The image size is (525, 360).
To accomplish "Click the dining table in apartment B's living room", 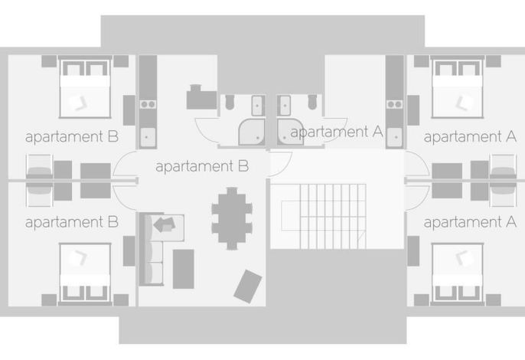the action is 232,218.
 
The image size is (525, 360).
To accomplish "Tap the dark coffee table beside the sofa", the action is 183,269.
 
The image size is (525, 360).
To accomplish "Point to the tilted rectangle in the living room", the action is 248,286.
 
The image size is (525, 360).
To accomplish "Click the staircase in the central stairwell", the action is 333,216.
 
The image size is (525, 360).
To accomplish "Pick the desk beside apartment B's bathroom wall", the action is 201,97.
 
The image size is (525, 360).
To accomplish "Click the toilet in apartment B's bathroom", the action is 230,102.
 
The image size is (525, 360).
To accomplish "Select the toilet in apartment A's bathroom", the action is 312,102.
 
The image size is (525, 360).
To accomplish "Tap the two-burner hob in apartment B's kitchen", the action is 148,105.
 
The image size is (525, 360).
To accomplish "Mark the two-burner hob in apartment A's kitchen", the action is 394,105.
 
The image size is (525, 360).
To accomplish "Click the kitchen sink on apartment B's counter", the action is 148,137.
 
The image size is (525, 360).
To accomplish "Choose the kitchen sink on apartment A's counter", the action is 394,137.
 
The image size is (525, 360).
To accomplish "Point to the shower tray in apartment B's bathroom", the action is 252,132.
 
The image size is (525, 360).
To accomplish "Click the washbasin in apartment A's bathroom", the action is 285,106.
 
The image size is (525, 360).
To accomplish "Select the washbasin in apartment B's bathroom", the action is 257,106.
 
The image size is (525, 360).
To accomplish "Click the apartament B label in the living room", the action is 202,166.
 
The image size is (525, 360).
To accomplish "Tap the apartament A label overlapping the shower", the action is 337,132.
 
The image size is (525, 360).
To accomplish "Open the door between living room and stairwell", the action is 280,164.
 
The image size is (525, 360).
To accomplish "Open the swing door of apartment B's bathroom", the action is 207,132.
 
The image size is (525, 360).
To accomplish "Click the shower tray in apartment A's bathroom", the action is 290,132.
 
